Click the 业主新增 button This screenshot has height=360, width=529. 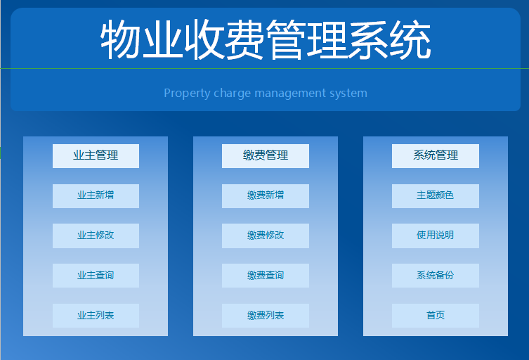[96, 195]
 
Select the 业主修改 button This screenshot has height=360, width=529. [96, 236]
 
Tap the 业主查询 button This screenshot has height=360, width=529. [96, 276]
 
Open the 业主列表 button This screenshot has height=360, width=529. [96, 316]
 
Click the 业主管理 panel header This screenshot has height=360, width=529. [96, 155]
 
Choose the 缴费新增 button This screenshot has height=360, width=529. [266, 195]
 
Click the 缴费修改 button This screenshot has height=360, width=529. [266, 236]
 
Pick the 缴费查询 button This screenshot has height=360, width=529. [266, 276]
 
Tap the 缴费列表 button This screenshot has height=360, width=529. [266, 316]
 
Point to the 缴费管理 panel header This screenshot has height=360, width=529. [266, 155]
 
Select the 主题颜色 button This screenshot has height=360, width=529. [436, 195]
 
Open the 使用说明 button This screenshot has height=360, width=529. [436, 236]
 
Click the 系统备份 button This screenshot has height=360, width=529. [436, 276]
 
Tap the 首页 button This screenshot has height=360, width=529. [436, 316]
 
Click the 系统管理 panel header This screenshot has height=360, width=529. [436, 155]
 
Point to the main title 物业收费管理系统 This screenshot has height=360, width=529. [266, 40]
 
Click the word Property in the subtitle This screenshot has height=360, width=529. [185, 94]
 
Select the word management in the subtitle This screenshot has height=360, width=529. [286, 94]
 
